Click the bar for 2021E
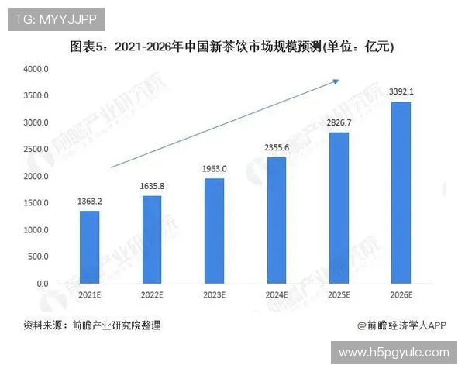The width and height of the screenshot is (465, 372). [x=90, y=247]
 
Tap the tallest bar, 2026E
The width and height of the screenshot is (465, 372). [x=401, y=193]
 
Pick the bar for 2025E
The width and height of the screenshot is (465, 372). [x=339, y=208]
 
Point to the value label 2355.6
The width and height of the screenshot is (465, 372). [x=277, y=148]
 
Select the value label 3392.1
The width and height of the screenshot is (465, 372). [x=401, y=92]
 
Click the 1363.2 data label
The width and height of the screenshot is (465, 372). [x=90, y=201]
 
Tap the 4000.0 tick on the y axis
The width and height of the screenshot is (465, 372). [x=37, y=69]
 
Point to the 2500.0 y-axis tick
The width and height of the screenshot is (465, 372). [x=37, y=150]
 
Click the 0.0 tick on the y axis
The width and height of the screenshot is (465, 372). [x=43, y=284]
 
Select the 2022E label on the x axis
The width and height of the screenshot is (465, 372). [x=152, y=295]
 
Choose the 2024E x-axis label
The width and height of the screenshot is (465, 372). [x=277, y=295]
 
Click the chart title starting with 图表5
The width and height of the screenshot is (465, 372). [x=232, y=46]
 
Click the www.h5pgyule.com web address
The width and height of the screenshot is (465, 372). [x=394, y=353]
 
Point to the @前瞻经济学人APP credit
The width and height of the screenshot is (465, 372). [x=398, y=325]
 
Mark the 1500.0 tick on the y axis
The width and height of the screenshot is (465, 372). [x=37, y=203]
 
